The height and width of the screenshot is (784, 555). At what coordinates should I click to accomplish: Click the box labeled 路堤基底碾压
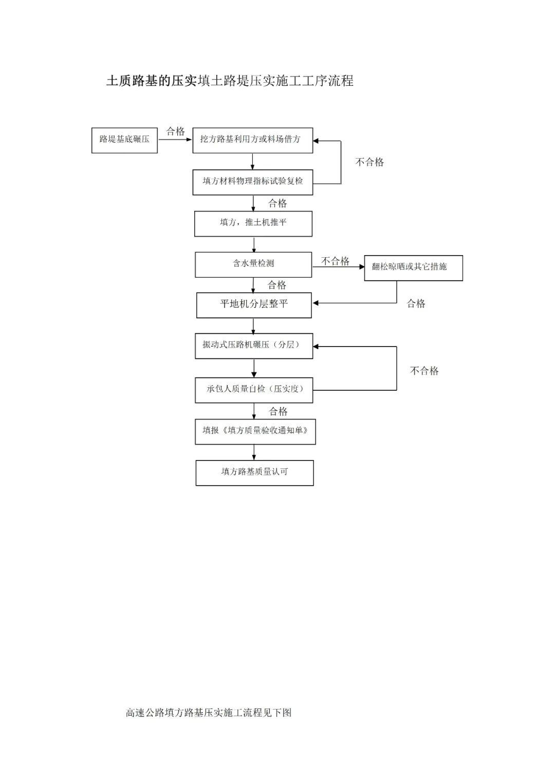coord(124,140)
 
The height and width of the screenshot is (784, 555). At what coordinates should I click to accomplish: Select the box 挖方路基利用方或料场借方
coord(252,140)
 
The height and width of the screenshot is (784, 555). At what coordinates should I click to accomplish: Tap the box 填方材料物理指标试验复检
coord(252,182)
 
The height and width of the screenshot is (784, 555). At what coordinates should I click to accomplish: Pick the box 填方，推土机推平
coord(253,223)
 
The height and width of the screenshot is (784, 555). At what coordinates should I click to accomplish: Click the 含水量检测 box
coord(253,264)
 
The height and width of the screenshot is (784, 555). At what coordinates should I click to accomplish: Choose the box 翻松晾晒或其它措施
coord(413,267)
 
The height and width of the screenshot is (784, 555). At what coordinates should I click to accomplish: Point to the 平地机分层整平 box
coord(254,305)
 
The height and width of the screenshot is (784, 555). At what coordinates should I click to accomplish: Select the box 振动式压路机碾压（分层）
coord(254,346)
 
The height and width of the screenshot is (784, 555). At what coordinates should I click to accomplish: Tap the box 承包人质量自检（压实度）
coord(254,390)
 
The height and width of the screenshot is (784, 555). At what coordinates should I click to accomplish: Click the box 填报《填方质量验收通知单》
coord(255,431)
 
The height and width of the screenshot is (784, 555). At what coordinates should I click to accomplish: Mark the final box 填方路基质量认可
coord(254,472)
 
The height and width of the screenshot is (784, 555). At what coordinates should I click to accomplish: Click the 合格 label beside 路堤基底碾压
coord(175,131)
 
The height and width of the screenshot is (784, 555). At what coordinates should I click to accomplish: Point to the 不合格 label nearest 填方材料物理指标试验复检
coord(369,162)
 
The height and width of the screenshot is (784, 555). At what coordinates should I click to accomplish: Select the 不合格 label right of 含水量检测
coord(335,261)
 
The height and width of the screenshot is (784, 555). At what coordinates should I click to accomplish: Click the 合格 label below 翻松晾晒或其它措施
coord(416,303)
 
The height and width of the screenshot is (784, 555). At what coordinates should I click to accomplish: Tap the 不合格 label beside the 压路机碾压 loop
coord(424,371)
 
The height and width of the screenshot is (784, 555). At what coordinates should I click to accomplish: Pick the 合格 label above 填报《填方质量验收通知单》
coord(278,411)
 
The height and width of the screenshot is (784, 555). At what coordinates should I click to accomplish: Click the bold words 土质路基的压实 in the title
coord(152,81)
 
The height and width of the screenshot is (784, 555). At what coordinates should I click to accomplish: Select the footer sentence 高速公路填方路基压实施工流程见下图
coord(209,713)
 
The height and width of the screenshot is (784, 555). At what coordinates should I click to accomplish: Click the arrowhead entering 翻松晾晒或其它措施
coord(361,267)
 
